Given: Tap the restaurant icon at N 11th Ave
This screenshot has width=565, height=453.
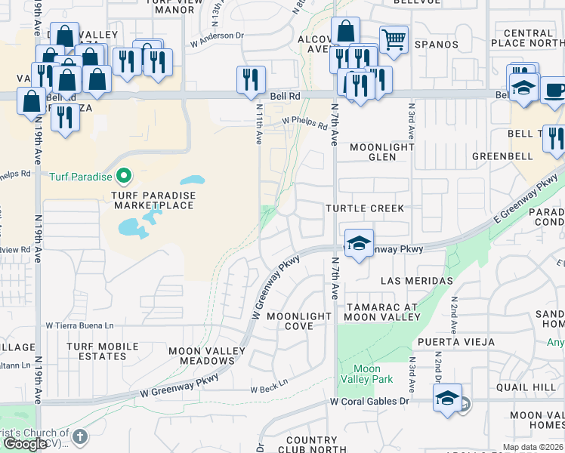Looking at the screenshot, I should (x=251, y=79).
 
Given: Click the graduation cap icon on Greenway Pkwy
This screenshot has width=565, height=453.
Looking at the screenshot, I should (x=359, y=243).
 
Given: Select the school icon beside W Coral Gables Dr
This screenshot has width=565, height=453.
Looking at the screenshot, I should (x=447, y=398).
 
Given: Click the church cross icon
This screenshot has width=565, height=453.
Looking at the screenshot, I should (x=80, y=436).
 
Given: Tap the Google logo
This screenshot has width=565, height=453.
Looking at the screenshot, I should (x=25, y=444).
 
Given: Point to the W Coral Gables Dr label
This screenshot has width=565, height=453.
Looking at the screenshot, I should (x=369, y=402).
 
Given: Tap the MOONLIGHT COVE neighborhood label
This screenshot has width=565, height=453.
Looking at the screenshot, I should (x=299, y=321).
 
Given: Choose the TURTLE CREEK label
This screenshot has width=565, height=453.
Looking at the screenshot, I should (x=365, y=208).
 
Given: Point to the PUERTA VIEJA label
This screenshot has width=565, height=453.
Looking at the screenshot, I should (x=464, y=341).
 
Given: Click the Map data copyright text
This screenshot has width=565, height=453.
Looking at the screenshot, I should (x=532, y=447).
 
